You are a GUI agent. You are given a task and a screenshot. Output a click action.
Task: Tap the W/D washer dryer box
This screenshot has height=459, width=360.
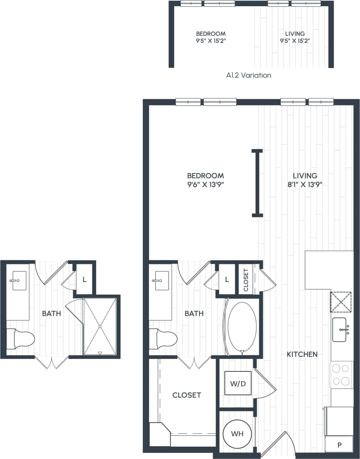(x=237, y=384)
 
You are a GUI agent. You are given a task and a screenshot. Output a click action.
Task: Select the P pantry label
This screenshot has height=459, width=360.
(x=339, y=445)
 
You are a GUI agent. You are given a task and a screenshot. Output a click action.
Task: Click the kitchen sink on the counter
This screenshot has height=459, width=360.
(x=343, y=330)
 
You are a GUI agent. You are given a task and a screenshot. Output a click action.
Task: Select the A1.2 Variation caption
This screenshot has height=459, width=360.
(x=249, y=76)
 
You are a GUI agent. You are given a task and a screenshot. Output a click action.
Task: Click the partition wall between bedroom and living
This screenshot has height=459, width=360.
(x=258, y=183)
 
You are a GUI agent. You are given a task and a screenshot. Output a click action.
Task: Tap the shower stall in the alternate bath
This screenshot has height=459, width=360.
(x=100, y=326)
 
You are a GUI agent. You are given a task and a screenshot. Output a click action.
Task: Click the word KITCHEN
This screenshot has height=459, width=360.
(x=302, y=354)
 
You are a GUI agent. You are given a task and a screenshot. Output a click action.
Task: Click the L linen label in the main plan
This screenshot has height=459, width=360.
(x=227, y=280)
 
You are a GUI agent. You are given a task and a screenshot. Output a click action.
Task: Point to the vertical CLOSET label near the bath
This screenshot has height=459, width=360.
(x=246, y=280)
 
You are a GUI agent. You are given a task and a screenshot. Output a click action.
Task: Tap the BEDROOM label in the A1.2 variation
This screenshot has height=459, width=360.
(x=211, y=33)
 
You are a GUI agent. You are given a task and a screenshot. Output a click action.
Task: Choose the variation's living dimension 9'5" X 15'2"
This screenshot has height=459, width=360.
(x=295, y=40)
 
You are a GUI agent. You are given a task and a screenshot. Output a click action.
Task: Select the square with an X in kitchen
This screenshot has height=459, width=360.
(x=341, y=302)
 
